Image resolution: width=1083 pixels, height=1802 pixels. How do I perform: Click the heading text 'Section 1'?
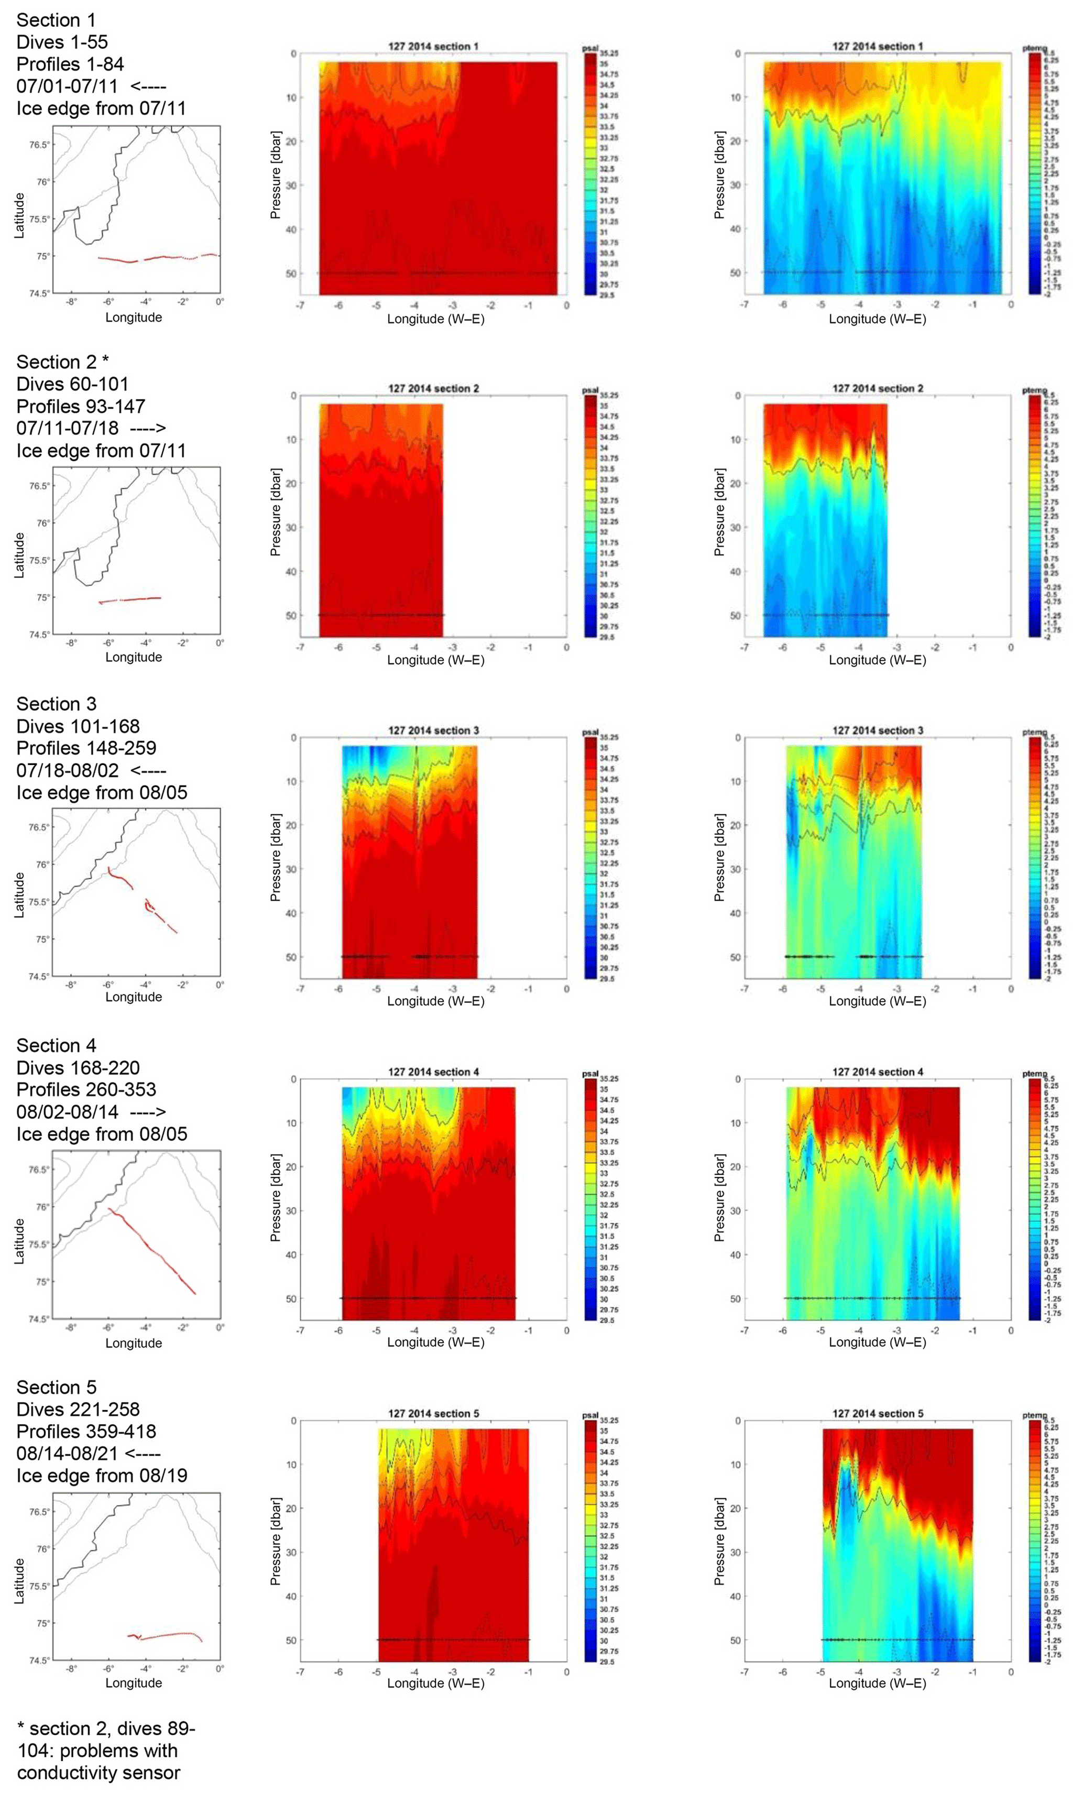pyautogui.click(x=56, y=20)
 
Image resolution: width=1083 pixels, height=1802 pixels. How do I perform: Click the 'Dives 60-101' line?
pyautogui.click(x=72, y=384)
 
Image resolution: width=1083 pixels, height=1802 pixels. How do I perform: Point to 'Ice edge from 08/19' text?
pyautogui.click(x=102, y=1476)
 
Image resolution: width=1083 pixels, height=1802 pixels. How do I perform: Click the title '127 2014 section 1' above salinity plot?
pyautogui.click(x=433, y=47)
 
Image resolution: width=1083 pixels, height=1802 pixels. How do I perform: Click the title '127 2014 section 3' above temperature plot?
pyautogui.click(x=877, y=730)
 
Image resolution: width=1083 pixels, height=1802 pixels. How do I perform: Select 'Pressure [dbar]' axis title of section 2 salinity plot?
pyautogui.click(x=275, y=512)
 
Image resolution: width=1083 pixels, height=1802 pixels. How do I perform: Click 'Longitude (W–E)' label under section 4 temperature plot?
pyautogui.click(x=877, y=1342)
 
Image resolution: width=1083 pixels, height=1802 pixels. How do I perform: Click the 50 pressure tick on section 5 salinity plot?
pyautogui.click(x=291, y=1640)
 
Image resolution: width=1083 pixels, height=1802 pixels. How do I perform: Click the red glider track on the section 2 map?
pyautogui.click(x=132, y=599)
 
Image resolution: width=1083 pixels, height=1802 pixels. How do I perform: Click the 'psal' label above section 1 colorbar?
pyautogui.click(x=589, y=48)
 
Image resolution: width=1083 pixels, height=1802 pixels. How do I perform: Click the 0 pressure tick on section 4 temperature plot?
pyautogui.click(x=738, y=1079)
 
